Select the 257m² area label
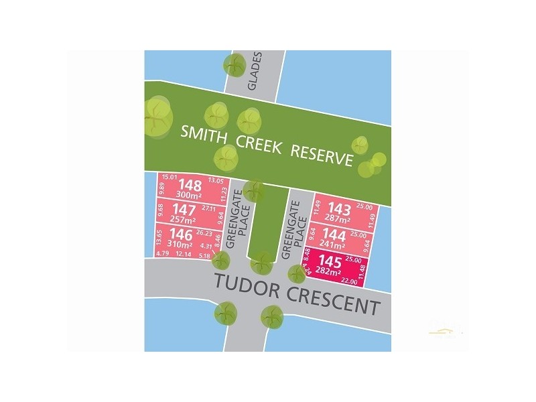tap(183, 220)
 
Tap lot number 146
tap(182, 234)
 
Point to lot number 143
tap(338, 208)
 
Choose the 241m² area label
tap(334, 245)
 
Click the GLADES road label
tap(253, 74)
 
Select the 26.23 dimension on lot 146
tap(205, 234)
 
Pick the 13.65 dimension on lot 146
tap(159, 238)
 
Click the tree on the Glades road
tap(235, 65)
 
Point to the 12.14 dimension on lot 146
tap(184, 254)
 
